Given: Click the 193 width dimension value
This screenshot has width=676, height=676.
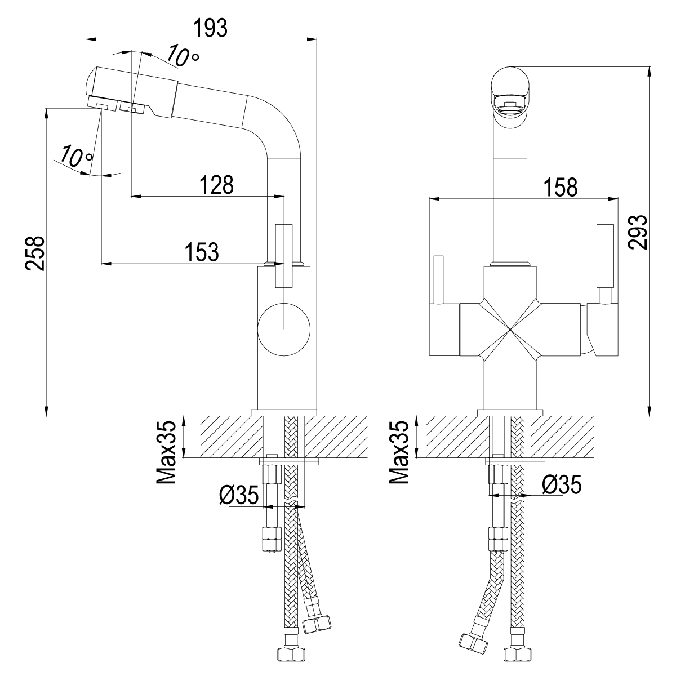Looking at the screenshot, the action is pos(211,28).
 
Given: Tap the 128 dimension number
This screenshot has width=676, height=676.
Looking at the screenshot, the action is pos(216,185).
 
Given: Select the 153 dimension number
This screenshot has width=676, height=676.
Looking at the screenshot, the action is pos(202,252).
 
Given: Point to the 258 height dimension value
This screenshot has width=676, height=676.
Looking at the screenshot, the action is pos(35,253).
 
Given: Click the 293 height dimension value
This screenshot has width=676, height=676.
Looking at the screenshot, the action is pos(637,232).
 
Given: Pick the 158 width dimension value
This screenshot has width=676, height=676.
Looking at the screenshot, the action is pos(561,187).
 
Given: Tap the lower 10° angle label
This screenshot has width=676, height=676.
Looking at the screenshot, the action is pos(77,157).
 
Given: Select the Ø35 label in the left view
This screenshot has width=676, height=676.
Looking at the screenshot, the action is pos(239,495).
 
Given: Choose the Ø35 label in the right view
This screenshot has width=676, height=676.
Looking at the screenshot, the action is pos(562,485).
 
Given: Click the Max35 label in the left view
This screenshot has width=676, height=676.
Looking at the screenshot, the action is pos(166,452).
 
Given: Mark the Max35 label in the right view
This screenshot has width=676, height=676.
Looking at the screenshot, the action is pos(399,452).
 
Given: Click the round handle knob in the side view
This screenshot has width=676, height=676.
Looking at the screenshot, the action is pos(284,330).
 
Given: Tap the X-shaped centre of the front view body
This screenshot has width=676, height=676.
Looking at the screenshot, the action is pos(510,330).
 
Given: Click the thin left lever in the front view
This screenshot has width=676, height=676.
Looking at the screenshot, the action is pos(438,279).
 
